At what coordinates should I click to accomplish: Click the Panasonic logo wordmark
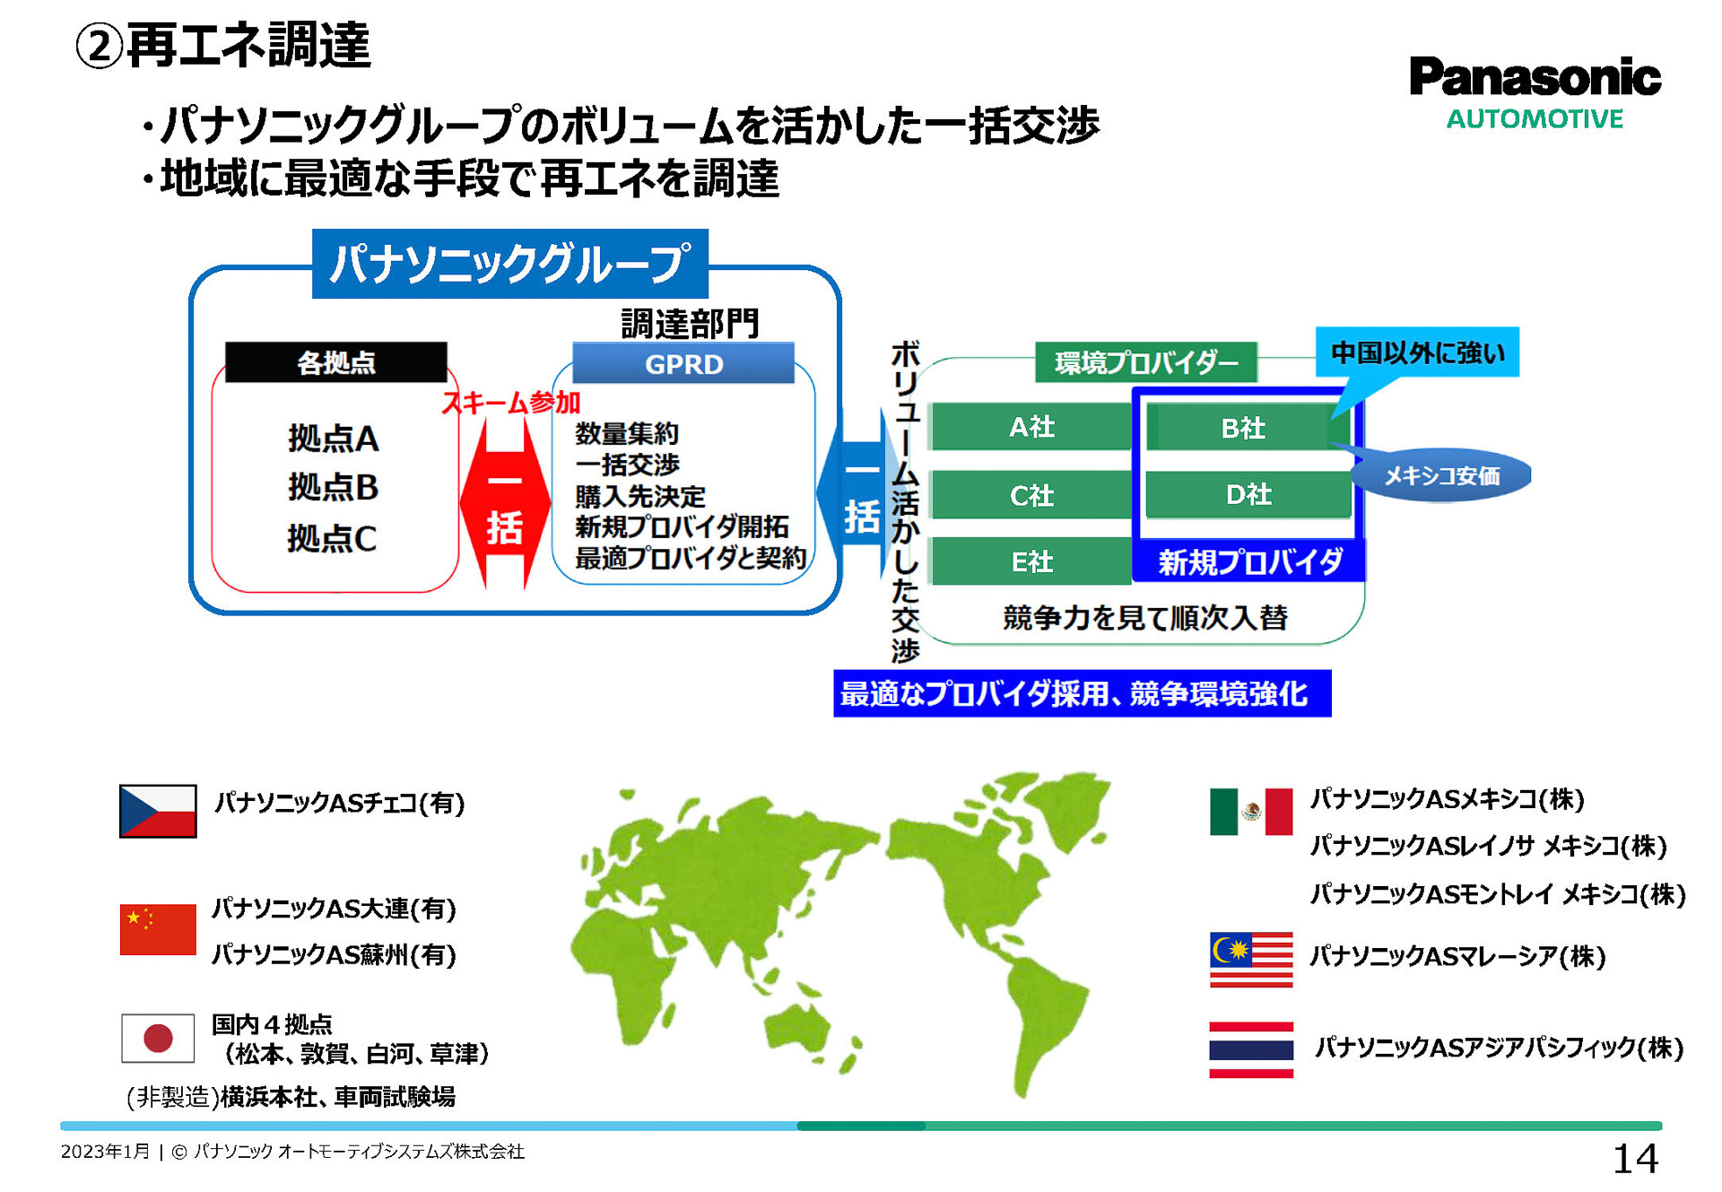[1534, 77]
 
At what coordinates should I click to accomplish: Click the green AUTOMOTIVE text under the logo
[1534, 119]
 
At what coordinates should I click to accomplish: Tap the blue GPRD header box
[683, 364]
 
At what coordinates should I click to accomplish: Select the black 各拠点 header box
[335, 362]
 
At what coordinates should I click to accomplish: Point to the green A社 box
[1031, 427]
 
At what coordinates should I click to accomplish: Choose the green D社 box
[1248, 494]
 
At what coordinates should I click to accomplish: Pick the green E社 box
[1031, 561]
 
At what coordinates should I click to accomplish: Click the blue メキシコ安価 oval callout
[1442, 475]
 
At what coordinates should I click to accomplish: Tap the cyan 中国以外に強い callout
[1417, 352]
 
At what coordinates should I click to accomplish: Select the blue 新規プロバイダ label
[1249, 561]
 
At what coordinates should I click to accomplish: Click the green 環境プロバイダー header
[1145, 362]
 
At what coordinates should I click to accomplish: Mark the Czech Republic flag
[158, 811]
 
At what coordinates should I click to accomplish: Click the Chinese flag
[158, 929]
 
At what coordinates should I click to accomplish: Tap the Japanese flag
[158, 1038]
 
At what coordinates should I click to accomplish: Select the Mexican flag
[1250, 812]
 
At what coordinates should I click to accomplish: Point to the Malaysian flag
[1250, 960]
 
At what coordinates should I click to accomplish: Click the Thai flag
[1250, 1049]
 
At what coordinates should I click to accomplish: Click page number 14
[1634, 1159]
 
